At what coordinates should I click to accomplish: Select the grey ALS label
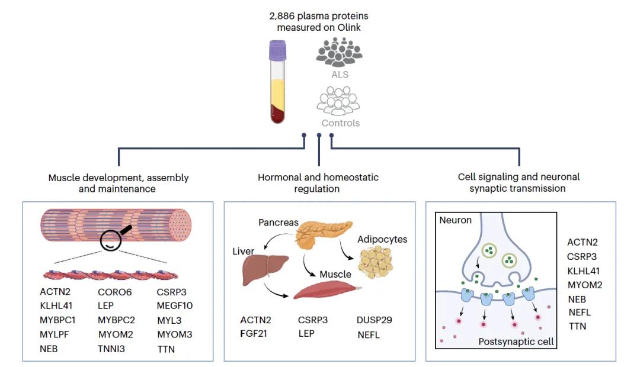340,75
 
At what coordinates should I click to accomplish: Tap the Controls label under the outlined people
340,123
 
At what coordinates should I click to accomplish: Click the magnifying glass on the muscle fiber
114,238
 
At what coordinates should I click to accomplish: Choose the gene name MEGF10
175,305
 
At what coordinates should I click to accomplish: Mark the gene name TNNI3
111,349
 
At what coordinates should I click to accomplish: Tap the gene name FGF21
255,334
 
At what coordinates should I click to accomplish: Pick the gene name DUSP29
375,320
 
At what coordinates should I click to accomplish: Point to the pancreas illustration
319,231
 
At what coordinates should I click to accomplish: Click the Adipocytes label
382,240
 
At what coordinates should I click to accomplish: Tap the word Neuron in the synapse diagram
455,220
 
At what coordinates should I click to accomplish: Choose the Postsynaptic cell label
515,342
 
